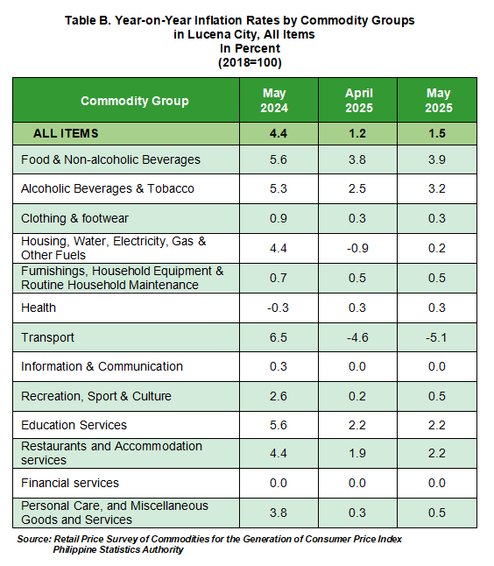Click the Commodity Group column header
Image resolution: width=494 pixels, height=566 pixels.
point(135,101)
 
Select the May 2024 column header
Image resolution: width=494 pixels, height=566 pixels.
point(274,101)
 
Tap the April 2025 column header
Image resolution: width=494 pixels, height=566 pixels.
point(359,101)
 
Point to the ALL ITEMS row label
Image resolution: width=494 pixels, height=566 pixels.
point(66,133)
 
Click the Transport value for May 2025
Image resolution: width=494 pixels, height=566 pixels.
point(436,337)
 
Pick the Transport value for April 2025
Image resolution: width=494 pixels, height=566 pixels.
point(357,337)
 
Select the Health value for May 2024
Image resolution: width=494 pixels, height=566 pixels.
point(278,308)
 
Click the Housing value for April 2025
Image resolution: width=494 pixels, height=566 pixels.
point(357,248)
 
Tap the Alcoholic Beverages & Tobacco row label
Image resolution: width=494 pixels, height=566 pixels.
point(108,188)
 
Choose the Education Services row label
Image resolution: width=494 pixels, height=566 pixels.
point(74,425)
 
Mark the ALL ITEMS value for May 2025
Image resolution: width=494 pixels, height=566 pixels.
point(437,133)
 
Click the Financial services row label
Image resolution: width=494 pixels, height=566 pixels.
point(70,483)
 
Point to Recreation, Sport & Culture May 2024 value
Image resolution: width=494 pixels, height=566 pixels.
point(279,396)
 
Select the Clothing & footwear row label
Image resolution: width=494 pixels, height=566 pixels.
point(74,218)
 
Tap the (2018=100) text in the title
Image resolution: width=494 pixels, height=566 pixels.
point(250,62)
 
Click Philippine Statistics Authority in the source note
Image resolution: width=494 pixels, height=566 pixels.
point(118,549)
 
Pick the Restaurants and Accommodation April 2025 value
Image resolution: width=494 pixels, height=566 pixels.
point(357,453)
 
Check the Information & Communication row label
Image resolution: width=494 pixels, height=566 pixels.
point(102,366)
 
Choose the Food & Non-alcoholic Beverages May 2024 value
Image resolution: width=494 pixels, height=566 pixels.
point(279,160)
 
